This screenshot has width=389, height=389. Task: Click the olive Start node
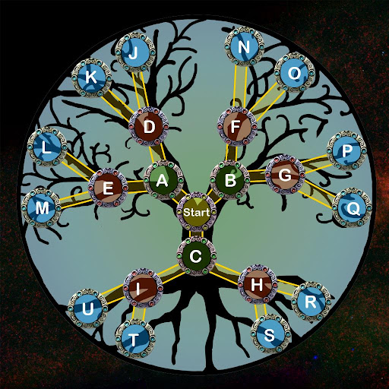[x=197, y=212]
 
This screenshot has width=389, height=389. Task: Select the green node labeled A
[x=163, y=180]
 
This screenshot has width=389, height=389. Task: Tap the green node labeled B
[x=230, y=180]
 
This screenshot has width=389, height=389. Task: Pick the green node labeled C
[x=197, y=256]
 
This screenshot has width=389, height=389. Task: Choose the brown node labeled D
[x=149, y=126]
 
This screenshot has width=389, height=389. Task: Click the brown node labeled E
[x=108, y=188]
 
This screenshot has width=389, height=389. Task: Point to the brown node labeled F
[x=237, y=126]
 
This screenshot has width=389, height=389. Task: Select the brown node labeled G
[x=285, y=175]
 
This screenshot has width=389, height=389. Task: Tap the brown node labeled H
[x=258, y=285]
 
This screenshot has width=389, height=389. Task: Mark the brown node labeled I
[x=143, y=289]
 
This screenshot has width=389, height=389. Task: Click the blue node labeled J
[x=135, y=53]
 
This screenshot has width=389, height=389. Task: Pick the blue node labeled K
[x=91, y=77]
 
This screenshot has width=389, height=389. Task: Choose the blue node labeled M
[x=41, y=208]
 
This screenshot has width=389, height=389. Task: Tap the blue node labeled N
[x=244, y=46]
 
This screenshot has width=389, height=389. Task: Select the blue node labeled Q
[x=352, y=207]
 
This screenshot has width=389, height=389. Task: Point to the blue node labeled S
[x=270, y=334]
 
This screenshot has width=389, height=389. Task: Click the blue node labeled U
[x=88, y=308]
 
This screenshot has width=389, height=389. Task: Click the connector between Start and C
[x=197, y=234]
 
